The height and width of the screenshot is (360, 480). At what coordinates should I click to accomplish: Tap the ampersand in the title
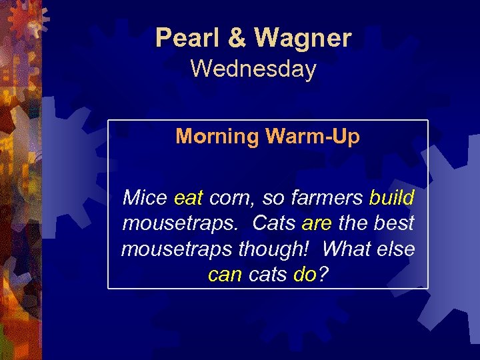[237, 39]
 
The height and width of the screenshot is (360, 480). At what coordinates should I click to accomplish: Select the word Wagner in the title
[302, 39]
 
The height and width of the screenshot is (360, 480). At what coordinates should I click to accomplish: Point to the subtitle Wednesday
[253, 69]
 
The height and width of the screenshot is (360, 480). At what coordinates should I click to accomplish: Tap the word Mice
[145, 198]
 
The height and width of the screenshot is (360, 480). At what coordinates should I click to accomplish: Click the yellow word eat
[188, 198]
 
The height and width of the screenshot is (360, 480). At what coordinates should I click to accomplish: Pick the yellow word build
[391, 198]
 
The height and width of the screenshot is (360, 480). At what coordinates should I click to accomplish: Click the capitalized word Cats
[274, 223]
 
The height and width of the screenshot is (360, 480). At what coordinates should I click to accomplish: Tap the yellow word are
[316, 223]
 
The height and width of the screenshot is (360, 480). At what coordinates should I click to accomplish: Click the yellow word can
[225, 275]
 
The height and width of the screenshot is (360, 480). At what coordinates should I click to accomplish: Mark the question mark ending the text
[323, 275]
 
